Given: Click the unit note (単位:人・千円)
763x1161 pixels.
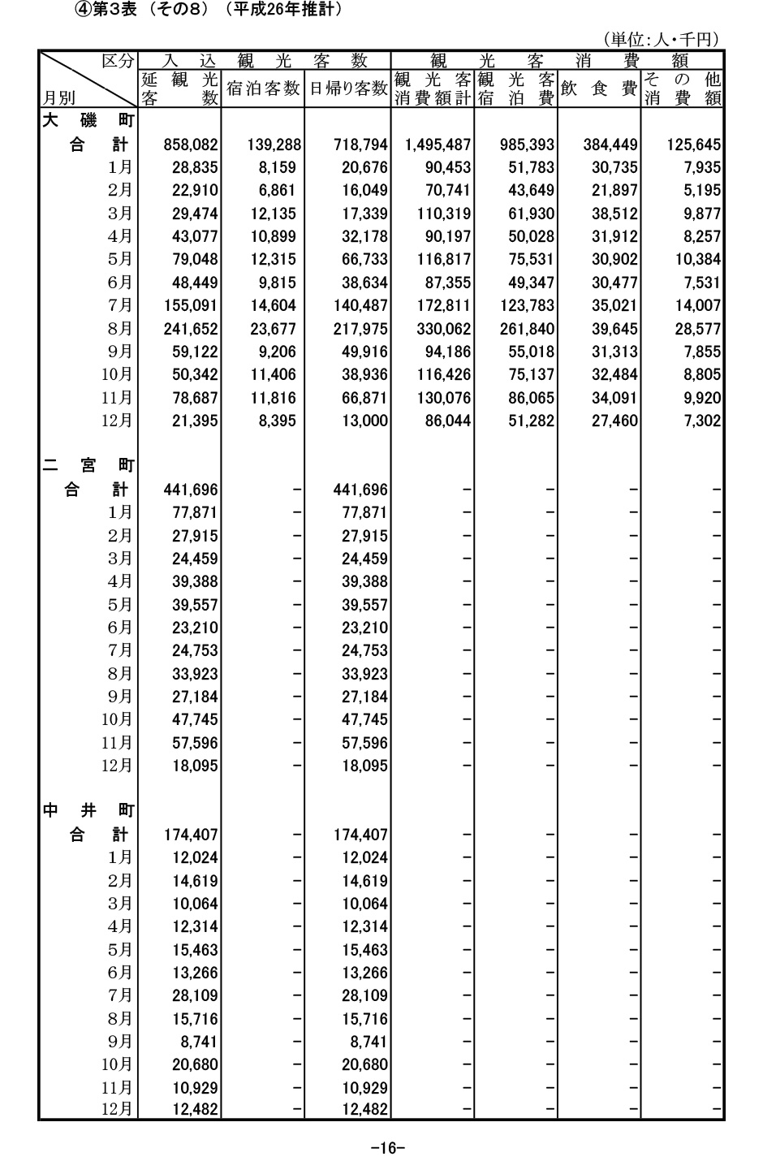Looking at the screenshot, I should tap(662, 39).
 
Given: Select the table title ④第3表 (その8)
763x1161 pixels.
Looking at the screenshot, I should tap(137, 10).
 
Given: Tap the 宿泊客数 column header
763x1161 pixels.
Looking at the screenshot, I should tap(263, 88).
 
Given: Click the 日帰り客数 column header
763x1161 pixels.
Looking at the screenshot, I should tap(347, 88).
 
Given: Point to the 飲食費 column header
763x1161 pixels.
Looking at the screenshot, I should tap(599, 88).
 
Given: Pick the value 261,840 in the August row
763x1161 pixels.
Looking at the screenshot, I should tap(527, 329).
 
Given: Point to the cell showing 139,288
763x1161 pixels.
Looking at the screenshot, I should tap(274, 145).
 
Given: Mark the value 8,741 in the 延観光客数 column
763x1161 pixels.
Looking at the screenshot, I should tap(199, 1042).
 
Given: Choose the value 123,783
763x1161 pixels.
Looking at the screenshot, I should tap(527, 306).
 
